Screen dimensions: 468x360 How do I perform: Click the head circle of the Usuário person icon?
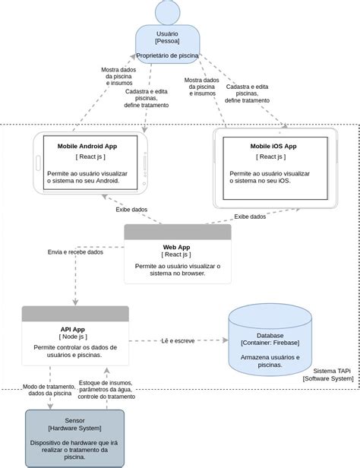(x=168, y=12)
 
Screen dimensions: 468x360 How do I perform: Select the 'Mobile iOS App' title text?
(x=273, y=145)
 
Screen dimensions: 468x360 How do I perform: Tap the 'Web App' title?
(x=176, y=247)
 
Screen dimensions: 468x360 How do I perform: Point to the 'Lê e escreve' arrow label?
(x=178, y=341)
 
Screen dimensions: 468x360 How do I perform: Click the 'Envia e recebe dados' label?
(x=75, y=251)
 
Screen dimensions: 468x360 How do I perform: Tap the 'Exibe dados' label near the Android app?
(x=131, y=209)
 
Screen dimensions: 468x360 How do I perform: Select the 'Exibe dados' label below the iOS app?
(x=250, y=217)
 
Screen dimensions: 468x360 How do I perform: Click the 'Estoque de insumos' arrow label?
(x=106, y=389)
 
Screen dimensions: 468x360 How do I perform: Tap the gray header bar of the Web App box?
(x=177, y=232)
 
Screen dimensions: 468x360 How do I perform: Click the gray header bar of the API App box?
(x=74, y=313)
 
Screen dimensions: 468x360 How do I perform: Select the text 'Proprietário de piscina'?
(x=167, y=55)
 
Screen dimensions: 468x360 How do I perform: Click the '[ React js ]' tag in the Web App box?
(x=176, y=255)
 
